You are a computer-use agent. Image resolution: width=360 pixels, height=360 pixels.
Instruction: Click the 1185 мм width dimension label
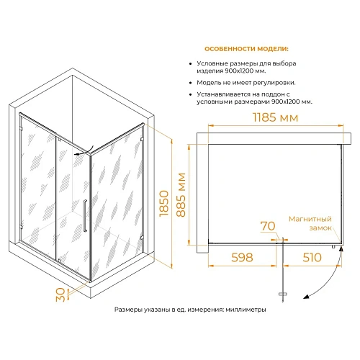[276, 117]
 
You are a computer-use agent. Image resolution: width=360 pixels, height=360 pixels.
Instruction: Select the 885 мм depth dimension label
[181, 195]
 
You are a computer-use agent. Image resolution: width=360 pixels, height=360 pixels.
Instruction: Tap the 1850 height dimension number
[164, 203]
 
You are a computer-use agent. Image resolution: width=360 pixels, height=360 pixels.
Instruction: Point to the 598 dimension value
[242, 258]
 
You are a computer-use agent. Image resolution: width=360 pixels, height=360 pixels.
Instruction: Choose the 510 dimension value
[312, 258]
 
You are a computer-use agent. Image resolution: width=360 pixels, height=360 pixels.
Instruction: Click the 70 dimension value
[268, 226]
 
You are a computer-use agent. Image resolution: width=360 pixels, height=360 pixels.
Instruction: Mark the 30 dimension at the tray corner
[60, 294]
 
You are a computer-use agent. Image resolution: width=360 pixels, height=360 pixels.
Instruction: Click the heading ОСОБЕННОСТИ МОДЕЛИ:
[246, 49]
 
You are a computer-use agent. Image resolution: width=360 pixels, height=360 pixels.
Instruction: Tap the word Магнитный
[310, 219]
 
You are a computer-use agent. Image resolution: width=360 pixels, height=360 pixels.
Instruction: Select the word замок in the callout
[320, 228]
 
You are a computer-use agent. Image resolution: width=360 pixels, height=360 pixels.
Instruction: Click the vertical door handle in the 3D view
[85, 215]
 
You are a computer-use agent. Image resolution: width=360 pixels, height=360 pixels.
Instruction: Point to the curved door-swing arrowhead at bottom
[306, 297]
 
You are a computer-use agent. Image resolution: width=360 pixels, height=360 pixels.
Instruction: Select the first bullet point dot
[191, 64]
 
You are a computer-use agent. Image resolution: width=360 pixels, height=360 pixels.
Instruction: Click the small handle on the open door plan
[283, 294]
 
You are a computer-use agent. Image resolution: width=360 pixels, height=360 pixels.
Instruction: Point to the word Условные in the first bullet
[212, 63]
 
